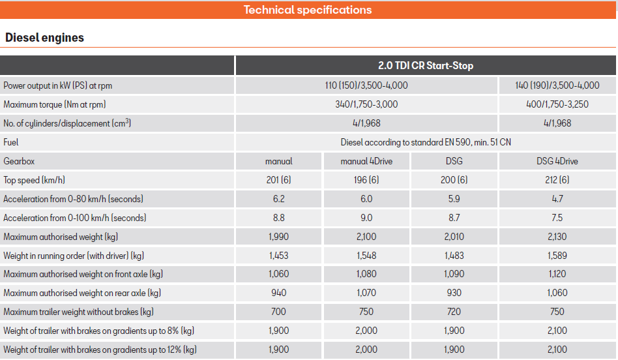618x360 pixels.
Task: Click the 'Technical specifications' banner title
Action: click(308, 10)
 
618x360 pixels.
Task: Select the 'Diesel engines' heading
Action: click(44, 38)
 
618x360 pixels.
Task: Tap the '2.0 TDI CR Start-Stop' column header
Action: click(425, 66)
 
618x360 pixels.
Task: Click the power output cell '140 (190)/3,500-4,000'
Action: click(557, 85)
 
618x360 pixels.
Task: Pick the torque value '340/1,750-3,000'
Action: click(366, 104)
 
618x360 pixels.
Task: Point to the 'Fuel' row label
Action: click(11, 142)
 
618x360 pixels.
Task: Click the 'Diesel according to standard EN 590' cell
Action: click(426, 142)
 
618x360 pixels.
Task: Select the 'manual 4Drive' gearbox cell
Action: click(366, 161)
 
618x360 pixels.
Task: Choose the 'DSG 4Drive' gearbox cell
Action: click(557, 161)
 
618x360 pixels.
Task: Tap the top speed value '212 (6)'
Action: click(557, 180)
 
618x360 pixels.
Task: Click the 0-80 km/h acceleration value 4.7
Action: click(557, 199)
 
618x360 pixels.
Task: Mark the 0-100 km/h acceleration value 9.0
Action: click(366, 218)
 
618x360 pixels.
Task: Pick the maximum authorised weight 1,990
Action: click(278, 237)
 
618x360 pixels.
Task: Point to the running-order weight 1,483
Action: click(454, 256)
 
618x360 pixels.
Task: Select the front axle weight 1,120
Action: click(557, 275)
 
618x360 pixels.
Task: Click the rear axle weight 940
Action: click(278, 293)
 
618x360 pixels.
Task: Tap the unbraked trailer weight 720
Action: click(454, 312)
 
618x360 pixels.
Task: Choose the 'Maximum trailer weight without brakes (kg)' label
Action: click(78, 312)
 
